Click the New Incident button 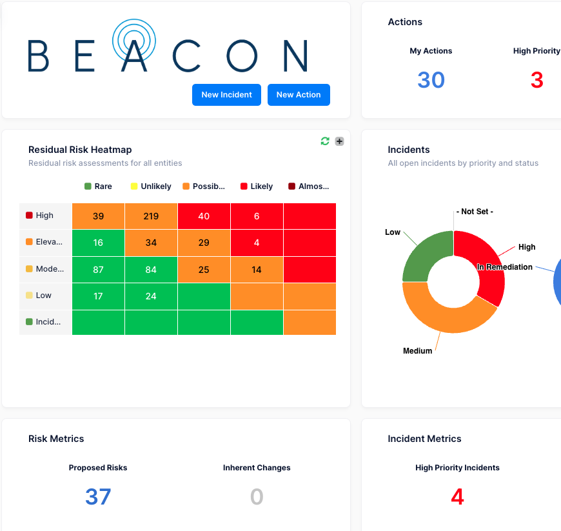[226, 95]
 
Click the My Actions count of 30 [431, 80]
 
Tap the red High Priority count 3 [536, 80]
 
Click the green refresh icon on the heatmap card [325, 141]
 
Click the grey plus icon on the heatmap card [339, 141]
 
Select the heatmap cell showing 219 [151, 216]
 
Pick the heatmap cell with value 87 [98, 270]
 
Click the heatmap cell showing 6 [257, 216]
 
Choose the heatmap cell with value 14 [257, 270]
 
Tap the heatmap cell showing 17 [98, 297]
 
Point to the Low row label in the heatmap [44, 296]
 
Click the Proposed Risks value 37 [98, 497]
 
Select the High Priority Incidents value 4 [457, 497]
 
